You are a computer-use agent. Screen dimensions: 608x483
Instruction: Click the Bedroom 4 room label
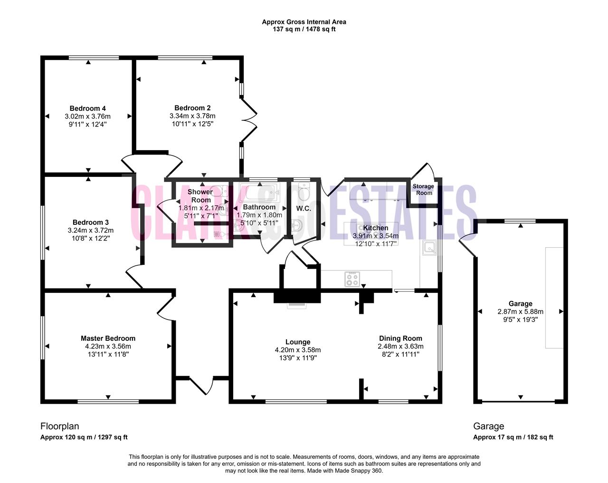pos(87,108)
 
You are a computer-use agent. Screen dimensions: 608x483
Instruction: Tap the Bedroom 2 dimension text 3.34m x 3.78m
pos(192,116)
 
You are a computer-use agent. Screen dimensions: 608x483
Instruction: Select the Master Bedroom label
pos(108,338)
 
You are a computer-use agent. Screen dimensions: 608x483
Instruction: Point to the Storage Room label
pos(423,190)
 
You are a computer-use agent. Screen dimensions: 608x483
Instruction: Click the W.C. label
pos(304,209)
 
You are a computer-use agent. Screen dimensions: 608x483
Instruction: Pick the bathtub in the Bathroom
pos(259,192)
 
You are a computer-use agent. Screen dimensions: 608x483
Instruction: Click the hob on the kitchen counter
pos(352,279)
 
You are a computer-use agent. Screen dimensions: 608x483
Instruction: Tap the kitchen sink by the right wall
pos(430,247)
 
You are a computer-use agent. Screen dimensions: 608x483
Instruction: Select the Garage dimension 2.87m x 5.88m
pos(521,312)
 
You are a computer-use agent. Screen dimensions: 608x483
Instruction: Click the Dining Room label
pos(400,338)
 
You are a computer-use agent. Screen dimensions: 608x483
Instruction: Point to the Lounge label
pos(298,342)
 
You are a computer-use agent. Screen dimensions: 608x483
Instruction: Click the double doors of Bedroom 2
pos(249,120)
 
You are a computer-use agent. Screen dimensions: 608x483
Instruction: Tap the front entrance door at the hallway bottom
pos(201,386)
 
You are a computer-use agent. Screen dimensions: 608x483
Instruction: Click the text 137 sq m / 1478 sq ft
pos(304,29)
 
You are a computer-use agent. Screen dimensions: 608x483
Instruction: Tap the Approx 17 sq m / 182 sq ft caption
pos(513,437)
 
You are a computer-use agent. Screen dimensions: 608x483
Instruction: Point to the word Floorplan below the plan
pos(60,426)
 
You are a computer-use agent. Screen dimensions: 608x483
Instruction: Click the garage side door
pos(467,245)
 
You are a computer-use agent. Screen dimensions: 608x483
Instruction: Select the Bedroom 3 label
pos(90,222)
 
